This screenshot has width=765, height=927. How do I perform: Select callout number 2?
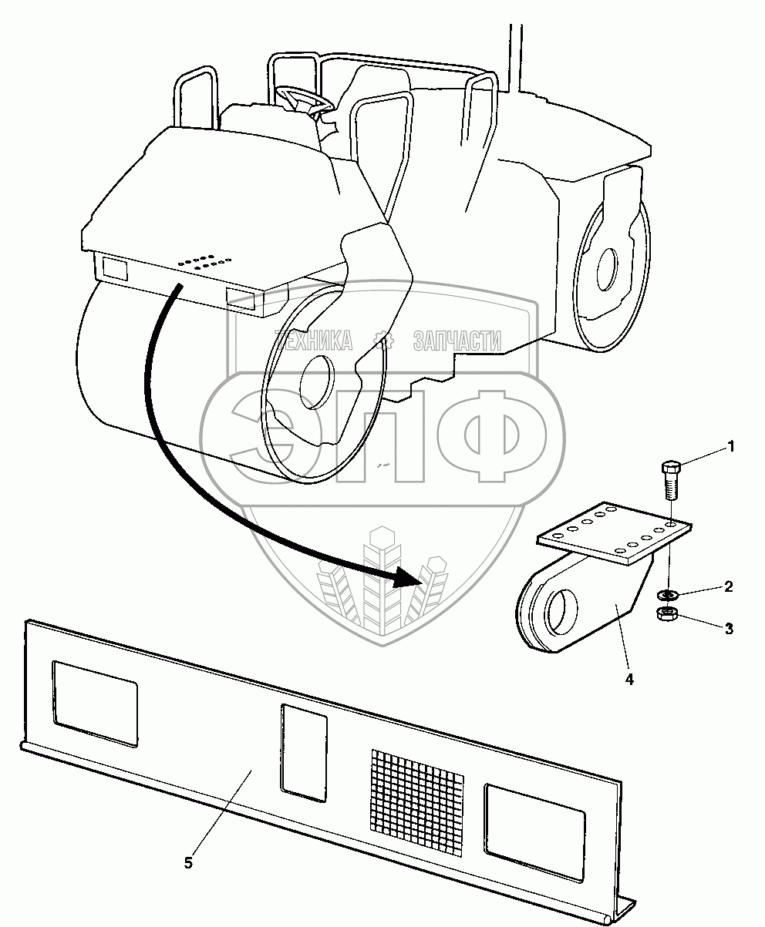click(x=727, y=586)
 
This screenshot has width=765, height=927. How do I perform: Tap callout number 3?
click(x=727, y=628)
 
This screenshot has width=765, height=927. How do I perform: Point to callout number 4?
click(x=630, y=680)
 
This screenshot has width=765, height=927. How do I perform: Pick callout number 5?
click(x=189, y=862)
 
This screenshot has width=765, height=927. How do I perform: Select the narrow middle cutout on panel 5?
click(x=303, y=752)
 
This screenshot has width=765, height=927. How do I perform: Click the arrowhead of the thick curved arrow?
click(x=409, y=576)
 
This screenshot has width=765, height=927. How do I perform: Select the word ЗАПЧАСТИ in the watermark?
click(x=457, y=340)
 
